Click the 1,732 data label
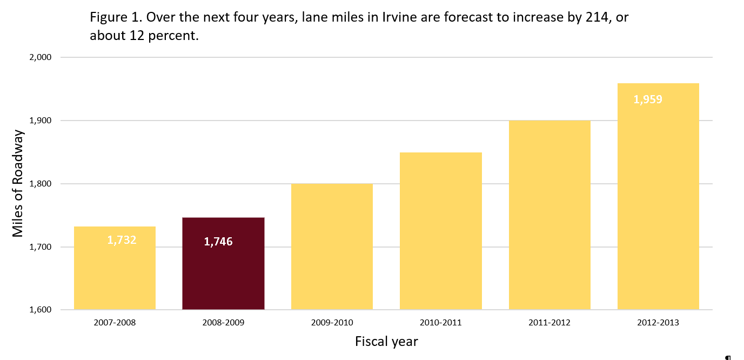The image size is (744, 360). point(122,240)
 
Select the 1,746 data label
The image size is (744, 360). point(218,242)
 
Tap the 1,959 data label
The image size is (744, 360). point(647,99)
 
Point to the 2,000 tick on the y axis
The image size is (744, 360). point(40,57)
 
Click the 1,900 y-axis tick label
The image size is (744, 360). point(40,121)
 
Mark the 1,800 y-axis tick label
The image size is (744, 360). point(40,184)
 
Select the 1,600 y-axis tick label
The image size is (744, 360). point(40,310)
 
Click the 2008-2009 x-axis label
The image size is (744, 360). point(223,323)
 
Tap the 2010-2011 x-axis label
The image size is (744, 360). point(440,323)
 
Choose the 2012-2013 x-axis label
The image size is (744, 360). point(658,323)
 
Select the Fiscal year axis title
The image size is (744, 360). point(386,342)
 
